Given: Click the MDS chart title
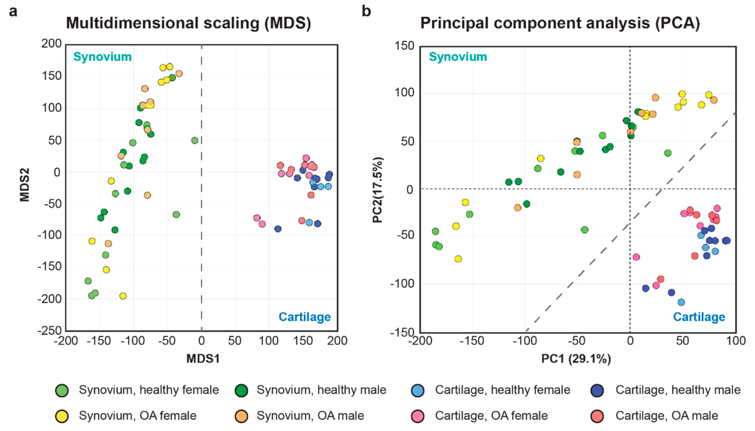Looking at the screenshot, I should [188, 23].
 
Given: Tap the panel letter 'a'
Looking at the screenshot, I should [13, 12].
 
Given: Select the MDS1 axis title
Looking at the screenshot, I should [203, 359].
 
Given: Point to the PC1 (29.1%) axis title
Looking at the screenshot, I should [576, 359].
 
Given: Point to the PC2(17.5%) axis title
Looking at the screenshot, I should [377, 190].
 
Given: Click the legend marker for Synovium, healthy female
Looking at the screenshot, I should [62, 390].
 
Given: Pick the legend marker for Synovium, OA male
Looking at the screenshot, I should [241, 416].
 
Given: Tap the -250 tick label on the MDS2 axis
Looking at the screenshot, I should [49, 331].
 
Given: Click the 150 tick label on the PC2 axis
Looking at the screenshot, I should [404, 46].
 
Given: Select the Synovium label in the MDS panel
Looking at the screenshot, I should [102, 57].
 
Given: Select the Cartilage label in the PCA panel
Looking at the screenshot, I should [699, 317].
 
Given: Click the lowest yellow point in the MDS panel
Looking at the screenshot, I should [123, 296].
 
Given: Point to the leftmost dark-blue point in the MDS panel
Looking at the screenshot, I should [278, 229].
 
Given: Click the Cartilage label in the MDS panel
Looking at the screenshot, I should [305, 317].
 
